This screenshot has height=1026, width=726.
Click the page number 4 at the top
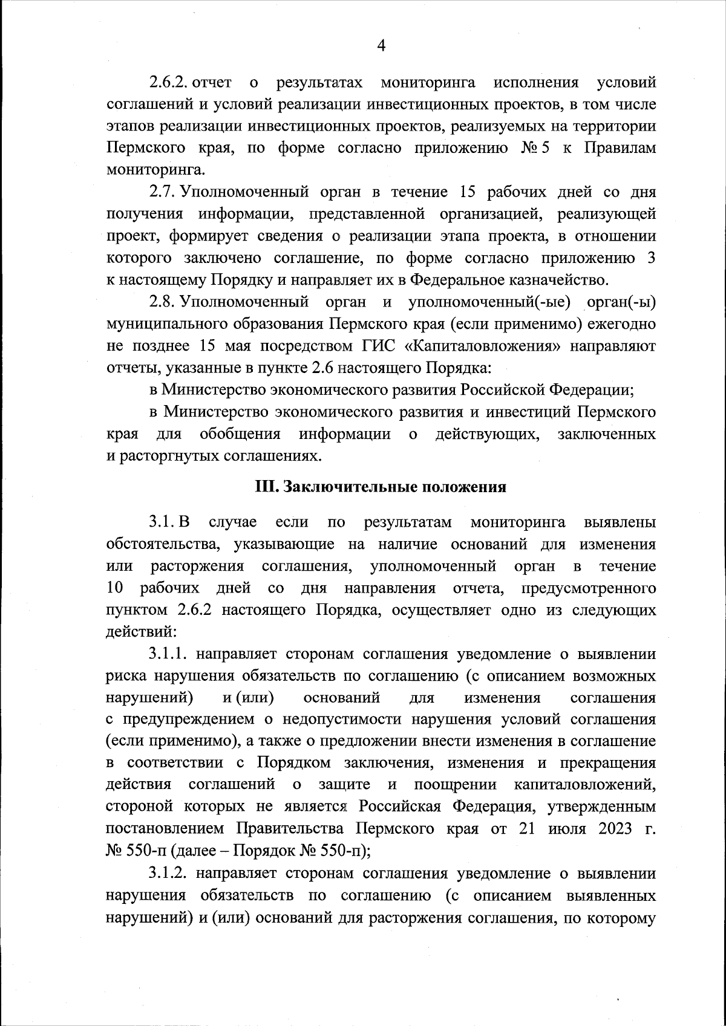(381, 45)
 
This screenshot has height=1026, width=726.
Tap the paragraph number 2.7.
(162, 192)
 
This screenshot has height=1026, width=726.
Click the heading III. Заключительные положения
(379, 487)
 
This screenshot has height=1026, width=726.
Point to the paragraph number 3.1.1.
(169, 654)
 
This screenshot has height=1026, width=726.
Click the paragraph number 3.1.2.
(169, 873)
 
